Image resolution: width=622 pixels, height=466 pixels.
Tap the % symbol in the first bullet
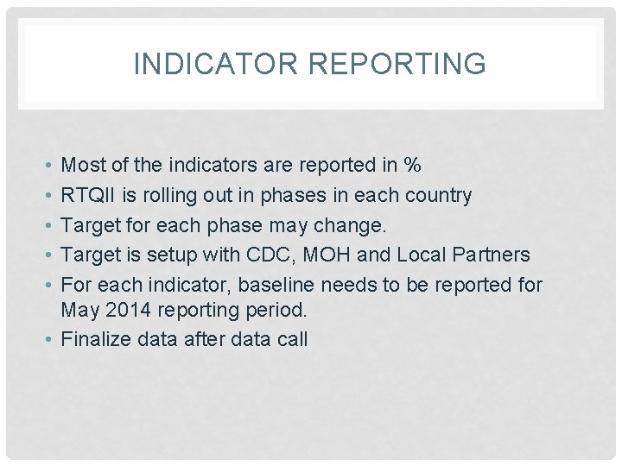(x=412, y=165)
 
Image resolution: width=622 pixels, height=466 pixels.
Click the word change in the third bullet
(x=355, y=225)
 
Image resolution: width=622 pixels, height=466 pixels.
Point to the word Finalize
(x=96, y=339)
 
